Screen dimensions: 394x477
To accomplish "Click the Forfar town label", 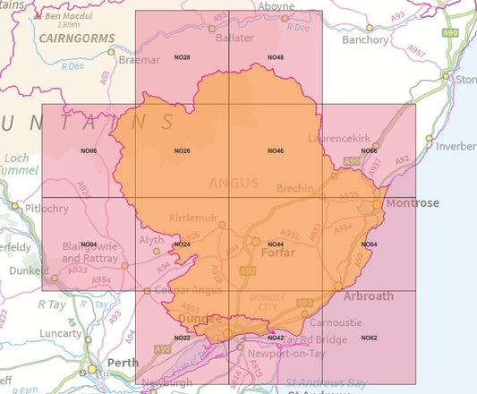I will [x=277, y=253].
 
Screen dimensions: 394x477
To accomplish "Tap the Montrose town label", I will [x=413, y=203].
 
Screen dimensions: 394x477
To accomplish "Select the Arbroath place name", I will [x=369, y=296].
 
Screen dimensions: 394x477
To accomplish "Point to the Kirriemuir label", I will [x=194, y=218].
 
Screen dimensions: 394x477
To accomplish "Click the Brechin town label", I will [x=295, y=188].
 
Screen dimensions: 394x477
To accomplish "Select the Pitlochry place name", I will [x=46, y=209].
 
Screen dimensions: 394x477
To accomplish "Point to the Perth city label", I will [x=121, y=364].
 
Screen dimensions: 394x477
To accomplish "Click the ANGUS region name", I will [x=233, y=183].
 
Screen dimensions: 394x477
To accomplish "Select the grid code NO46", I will [x=276, y=150].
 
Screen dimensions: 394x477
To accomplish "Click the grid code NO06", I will [x=89, y=150].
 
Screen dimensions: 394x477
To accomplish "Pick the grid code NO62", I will [x=369, y=338].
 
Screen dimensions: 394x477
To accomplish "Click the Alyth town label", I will [x=152, y=240].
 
